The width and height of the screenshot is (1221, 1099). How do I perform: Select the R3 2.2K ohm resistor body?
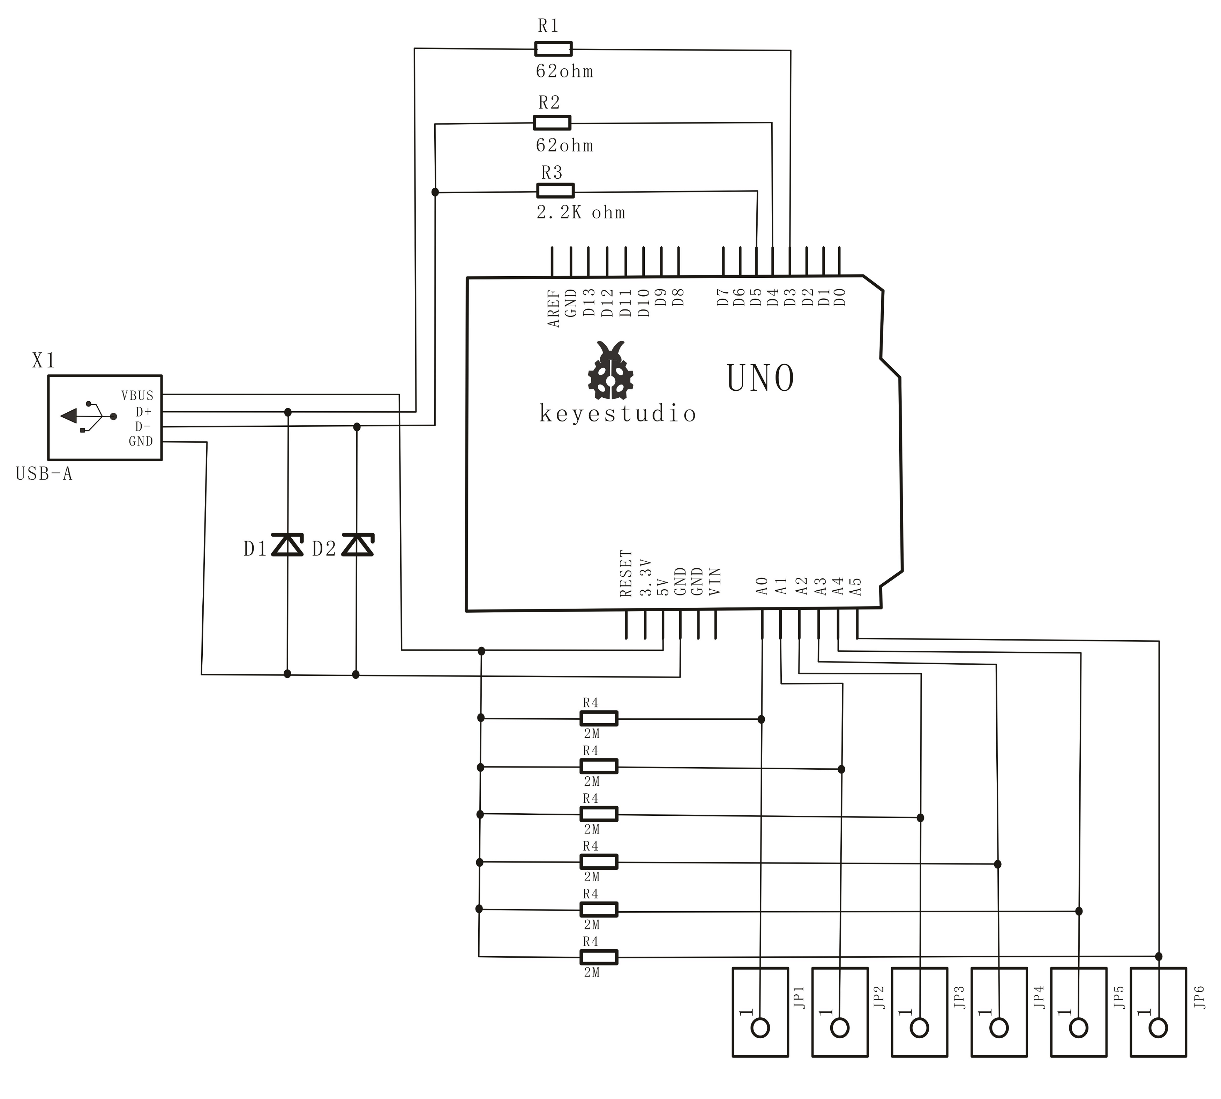pyautogui.click(x=555, y=191)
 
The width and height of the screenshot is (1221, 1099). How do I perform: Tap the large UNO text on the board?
pyautogui.click(x=760, y=379)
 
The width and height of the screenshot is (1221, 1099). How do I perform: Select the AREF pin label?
pyautogui.click(x=553, y=308)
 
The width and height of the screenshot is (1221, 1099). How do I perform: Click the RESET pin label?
pyautogui.click(x=626, y=574)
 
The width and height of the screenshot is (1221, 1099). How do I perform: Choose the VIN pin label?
pyautogui.click(x=715, y=581)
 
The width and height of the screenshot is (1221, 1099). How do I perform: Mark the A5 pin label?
pyautogui.click(x=855, y=586)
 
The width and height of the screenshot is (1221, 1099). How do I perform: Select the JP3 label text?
pyautogui.click(x=959, y=997)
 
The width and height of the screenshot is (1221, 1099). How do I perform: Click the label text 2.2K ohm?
pyautogui.click(x=581, y=212)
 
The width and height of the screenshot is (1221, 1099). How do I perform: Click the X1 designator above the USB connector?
pyautogui.click(x=44, y=361)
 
